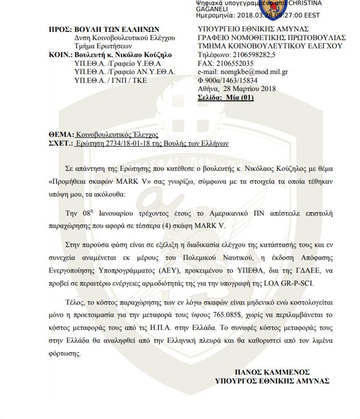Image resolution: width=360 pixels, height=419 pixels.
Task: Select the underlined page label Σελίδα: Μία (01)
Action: coord(225,97)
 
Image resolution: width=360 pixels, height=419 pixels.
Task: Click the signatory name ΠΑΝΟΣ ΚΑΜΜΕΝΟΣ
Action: coord(272,372)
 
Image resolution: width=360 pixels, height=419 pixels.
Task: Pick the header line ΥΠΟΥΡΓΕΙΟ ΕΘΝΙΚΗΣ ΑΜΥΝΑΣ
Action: coord(253,29)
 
